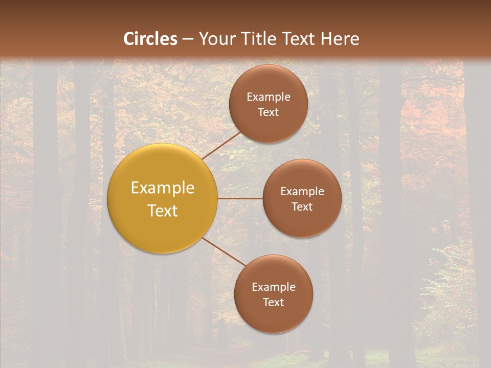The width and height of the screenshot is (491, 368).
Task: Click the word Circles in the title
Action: [x=150, y=39]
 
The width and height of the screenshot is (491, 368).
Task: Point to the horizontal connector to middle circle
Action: [x=240, y=198]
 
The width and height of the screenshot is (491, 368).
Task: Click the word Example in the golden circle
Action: [x=163, y=188]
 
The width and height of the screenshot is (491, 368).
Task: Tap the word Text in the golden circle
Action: [x=163, y=211]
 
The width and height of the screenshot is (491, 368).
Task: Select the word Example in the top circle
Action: [x=268, y=97]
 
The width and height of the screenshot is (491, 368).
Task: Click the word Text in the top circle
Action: [x=268, y=112]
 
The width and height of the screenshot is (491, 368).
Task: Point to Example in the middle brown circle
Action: [x=302, y=192]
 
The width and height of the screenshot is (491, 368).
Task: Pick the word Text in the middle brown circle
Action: [x=302, y=207]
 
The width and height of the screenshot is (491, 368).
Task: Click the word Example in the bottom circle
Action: [x=273, y=287]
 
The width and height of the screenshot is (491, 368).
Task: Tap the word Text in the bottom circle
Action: [x=273, y=303]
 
